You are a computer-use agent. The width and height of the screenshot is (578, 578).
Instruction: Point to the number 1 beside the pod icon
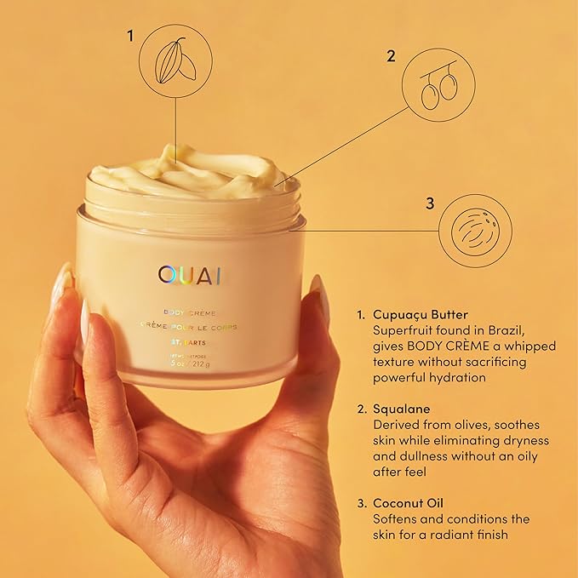click(x=130, y=36)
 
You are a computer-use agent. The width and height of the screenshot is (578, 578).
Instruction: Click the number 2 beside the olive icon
click(x=391, y=56)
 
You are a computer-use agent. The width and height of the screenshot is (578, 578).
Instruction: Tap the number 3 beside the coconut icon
click(x=430, y=203)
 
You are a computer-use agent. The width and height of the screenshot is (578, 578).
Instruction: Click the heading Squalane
click(x=402, y=409)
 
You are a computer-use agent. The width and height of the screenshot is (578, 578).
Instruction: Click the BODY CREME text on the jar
click(x=191, y=312)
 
